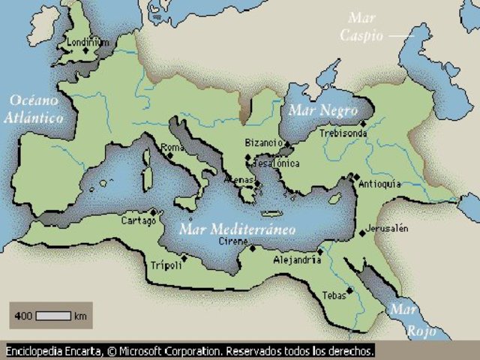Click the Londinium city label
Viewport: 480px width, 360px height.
(x=88, y=43)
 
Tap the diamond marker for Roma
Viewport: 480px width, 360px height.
(x=171, y=157)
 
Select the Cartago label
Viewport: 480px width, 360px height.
(x=139, y=221)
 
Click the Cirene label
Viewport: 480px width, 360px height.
(x=232, y=241)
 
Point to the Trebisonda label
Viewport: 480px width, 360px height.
(x=343, y=133)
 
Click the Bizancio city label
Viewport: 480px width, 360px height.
(x=263, y=142)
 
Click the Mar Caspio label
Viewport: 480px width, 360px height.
(x=363, y=26)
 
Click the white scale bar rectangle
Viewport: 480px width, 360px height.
(x=53, y=316)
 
